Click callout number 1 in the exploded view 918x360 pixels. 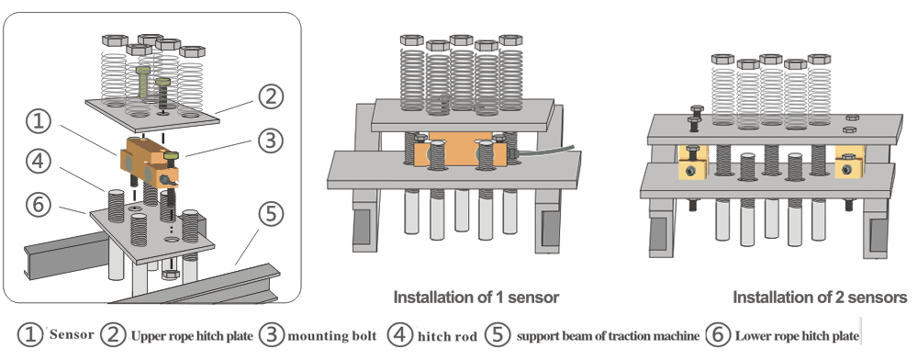point(39,122)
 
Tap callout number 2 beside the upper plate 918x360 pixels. point(271,96)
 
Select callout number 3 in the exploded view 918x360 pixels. point(271,141)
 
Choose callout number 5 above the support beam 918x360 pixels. point(271,214)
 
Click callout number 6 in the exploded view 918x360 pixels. point(39,204)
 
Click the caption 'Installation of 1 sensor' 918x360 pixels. point(476,298)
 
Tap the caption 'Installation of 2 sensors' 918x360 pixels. point(820,298)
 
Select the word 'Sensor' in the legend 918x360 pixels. point(72,335)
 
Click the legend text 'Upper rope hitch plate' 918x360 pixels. point(192,336)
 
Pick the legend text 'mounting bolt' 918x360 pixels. point(332,336)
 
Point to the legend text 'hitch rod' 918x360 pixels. point(447,337)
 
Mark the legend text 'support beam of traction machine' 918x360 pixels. point(609,336)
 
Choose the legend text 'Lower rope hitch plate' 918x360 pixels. point(797,336)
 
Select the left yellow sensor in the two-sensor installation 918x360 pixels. point(693,163)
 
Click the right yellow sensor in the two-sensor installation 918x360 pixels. point(849,163)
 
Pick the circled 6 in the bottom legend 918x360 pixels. point(718,335)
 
